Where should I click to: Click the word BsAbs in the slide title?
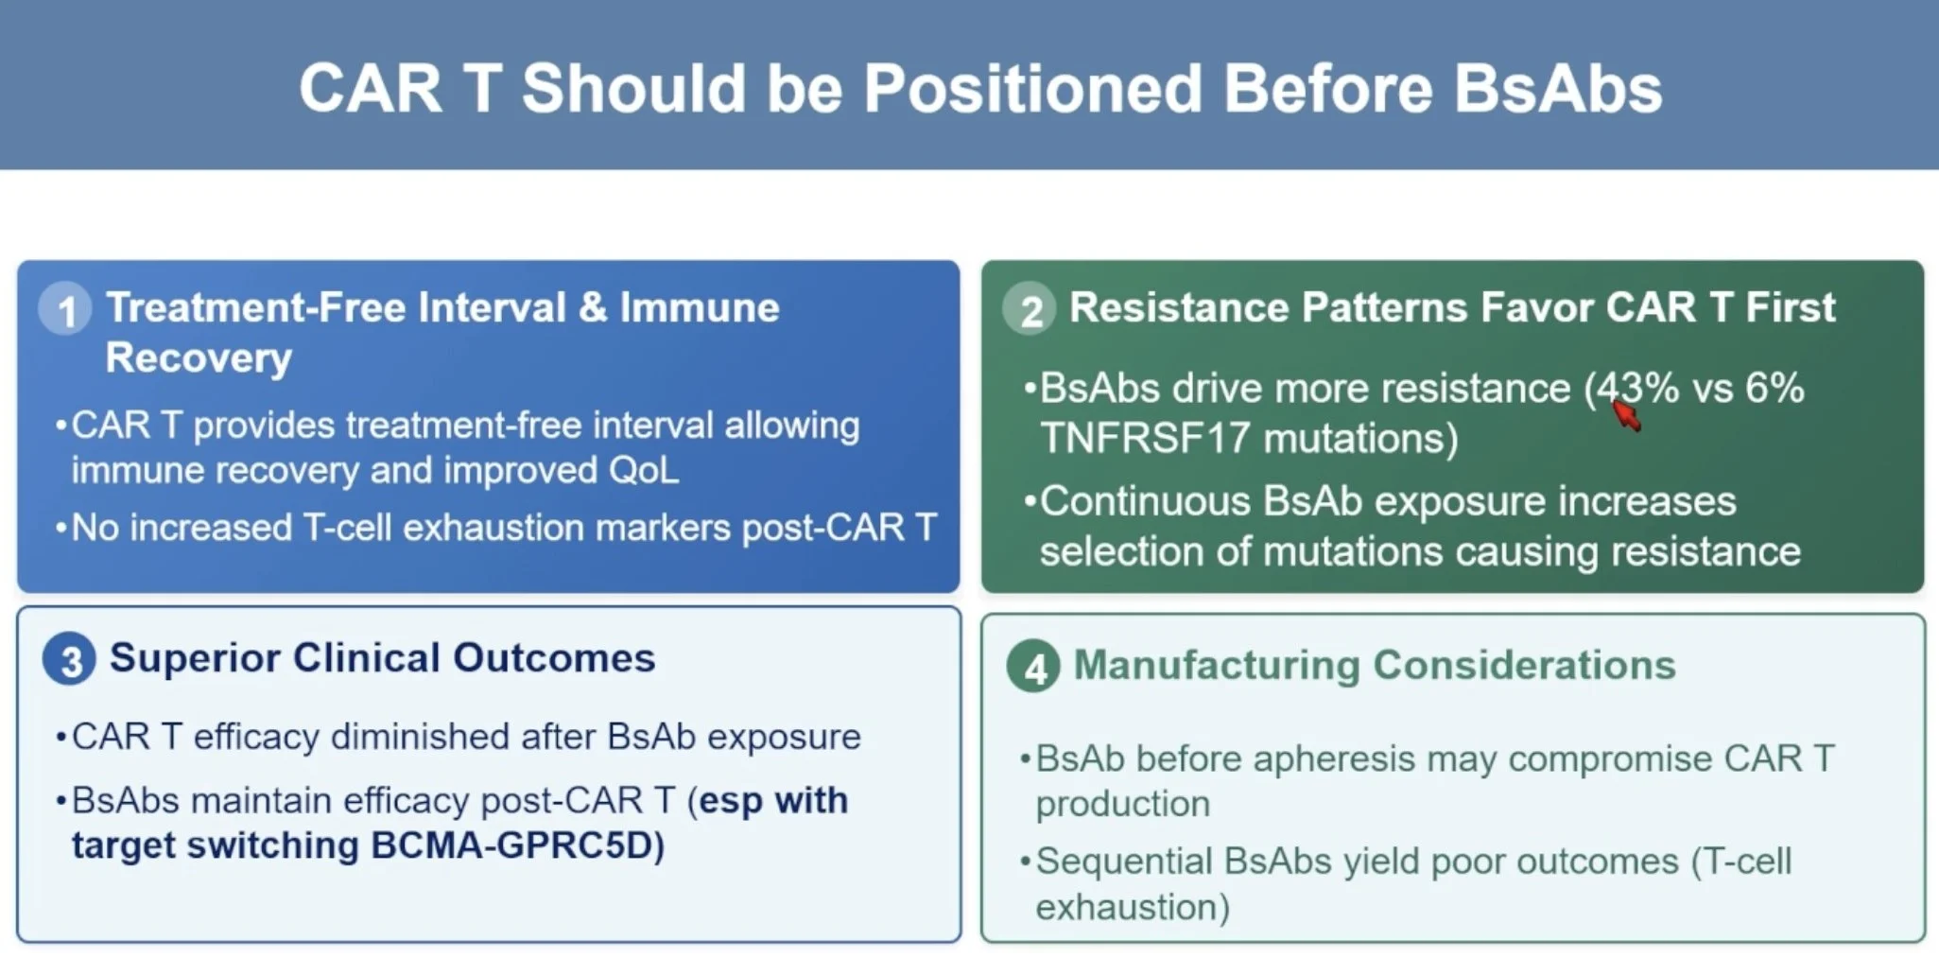1557,89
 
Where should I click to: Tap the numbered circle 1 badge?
65,309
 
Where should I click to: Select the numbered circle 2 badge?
1030,309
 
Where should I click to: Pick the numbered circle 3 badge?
69,659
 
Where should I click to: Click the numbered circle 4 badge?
1033,667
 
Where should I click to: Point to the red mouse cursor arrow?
1626,414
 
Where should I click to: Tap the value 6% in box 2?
1775,388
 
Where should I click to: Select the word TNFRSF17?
1145,439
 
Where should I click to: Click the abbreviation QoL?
644,470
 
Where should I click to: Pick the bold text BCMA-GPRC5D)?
517,845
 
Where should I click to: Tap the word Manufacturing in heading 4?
1217,665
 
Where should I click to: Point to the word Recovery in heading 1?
199,357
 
